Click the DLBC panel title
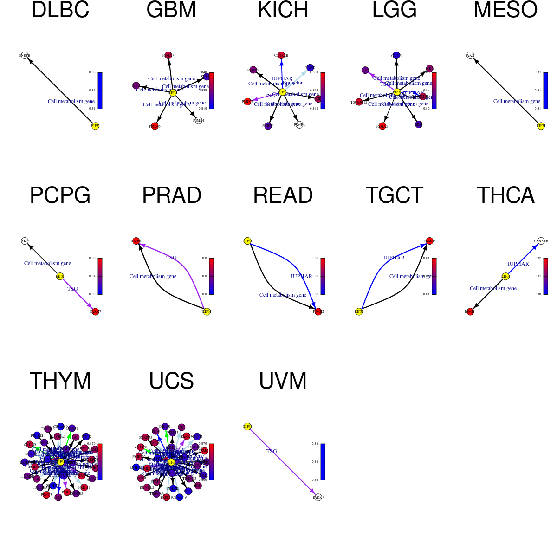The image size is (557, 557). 60,10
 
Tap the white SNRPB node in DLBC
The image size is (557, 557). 25,55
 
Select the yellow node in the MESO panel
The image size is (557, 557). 541,126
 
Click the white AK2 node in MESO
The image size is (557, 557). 470,55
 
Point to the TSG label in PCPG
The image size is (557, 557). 72,289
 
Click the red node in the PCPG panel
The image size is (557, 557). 95,311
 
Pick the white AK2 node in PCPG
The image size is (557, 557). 25,241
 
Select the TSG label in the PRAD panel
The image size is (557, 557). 171,258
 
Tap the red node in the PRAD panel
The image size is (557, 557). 136,241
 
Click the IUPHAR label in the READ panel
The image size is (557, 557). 302,276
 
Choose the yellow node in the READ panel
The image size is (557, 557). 247,241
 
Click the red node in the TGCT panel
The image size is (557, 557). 429,241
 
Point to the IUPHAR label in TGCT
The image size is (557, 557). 394,258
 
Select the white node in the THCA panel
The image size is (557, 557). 541,241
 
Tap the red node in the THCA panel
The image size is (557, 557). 470,311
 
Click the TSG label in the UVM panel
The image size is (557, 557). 272,451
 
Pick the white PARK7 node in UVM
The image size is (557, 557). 318,497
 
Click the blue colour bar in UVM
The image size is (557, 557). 323,462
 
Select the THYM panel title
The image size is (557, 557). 60,381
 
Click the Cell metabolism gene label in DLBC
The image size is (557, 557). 71,101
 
